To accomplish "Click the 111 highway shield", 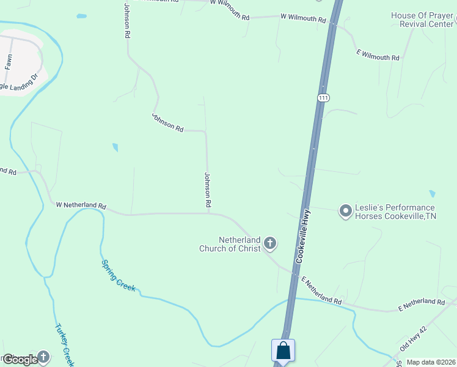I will pos(324,98).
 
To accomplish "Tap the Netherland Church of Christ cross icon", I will pos(269,244).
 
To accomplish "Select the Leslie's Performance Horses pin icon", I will pos(345,212).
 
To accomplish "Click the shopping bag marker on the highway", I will pos(283,350).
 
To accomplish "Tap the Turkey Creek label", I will pos(64,345).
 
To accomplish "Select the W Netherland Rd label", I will pos(81,206).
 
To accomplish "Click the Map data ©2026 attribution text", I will pos(431,362).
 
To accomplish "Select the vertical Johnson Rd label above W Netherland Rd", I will pos(208,188).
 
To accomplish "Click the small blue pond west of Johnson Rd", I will pos(115,147).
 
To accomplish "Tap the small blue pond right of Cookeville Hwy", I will pos(433,193).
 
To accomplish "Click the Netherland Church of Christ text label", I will pos(230,244).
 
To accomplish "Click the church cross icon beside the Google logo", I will pos(43,356).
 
